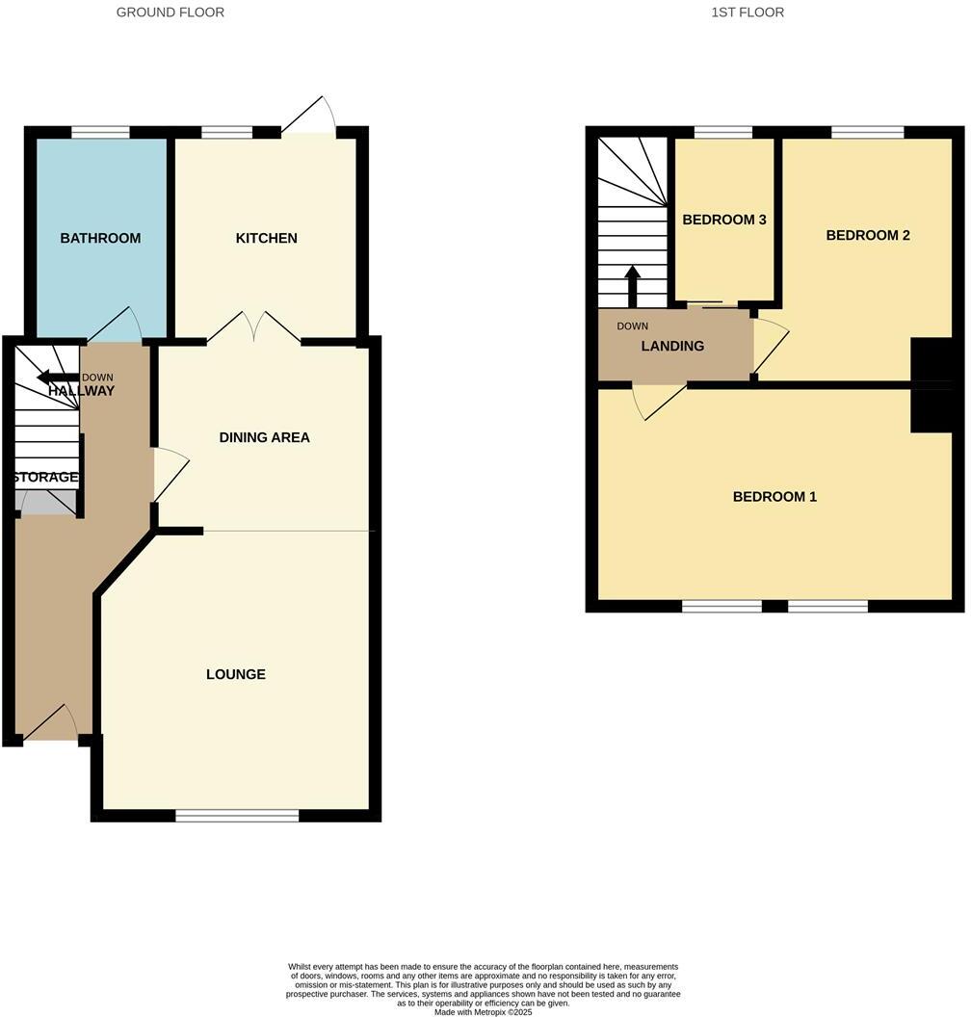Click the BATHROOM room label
coord(100,238)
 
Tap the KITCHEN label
coord(267,238)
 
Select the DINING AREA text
coord(265,437)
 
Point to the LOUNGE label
coord(236,674)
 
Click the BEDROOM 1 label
coord(774,497)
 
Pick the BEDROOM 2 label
coord(868,235)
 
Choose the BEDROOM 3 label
coord(724,220)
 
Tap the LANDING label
coord(672,346)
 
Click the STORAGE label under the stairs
coord(45,478)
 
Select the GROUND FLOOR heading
coord(171,13)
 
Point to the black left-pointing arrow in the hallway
coord(57,378)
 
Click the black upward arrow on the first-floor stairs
coord(633,285)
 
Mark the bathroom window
coord(100,133)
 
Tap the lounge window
coord(238,816)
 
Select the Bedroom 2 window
coord(868,133)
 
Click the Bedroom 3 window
coord(723,133)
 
